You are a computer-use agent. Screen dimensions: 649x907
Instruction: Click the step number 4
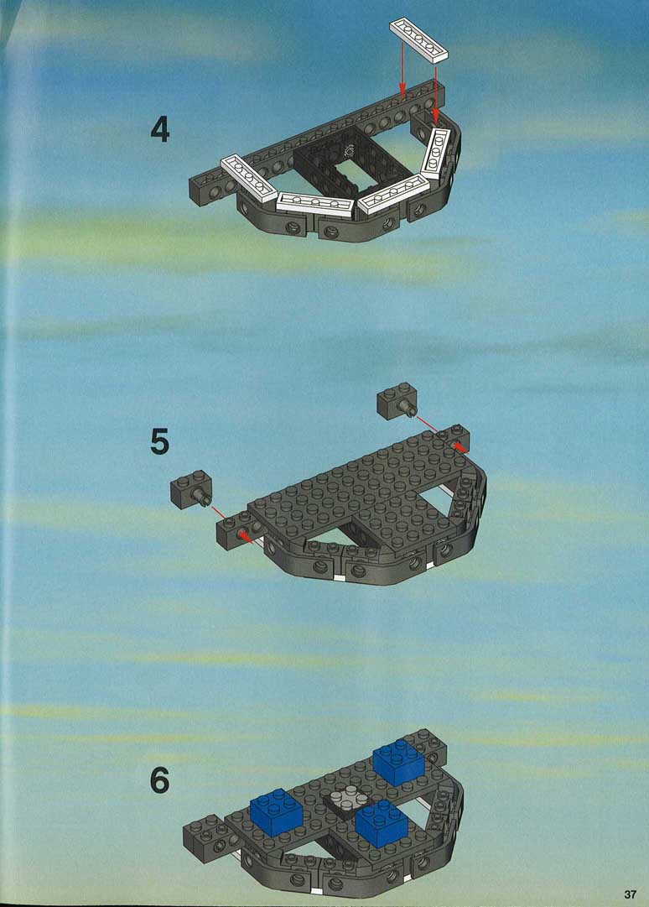point(160,129)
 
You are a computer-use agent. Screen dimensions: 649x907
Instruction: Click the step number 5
point(160,442)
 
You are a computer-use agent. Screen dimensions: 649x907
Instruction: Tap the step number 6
point(160,780)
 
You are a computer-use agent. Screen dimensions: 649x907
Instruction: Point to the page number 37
point(630,894)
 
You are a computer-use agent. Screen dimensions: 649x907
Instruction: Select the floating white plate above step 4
point(419,40)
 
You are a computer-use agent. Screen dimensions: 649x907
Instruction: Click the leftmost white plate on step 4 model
point(249,178)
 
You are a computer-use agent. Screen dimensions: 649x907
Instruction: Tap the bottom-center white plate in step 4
point(314,204)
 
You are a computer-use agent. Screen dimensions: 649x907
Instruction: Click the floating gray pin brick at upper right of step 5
point(397,401)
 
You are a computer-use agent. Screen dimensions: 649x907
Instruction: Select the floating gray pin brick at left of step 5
point(191,489)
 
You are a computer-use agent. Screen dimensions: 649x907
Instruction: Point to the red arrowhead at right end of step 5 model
point(459,446)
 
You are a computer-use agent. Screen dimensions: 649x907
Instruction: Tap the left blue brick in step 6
point(278,811)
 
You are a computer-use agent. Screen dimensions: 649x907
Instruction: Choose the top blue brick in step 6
point(399,762)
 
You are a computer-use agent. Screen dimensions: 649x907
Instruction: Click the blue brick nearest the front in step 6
point(382,823)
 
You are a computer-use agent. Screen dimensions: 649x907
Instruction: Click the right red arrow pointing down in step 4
point(436,96)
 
